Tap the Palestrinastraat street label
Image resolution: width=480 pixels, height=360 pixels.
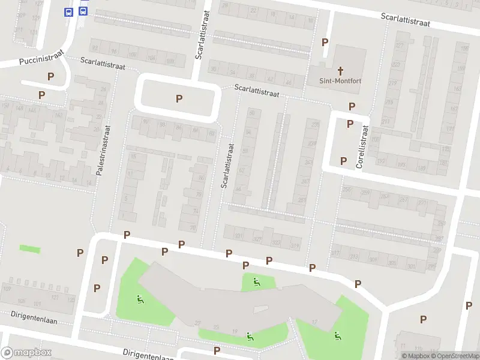104,150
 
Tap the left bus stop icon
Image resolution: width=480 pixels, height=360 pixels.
69,11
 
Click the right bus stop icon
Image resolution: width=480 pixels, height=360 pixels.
83,11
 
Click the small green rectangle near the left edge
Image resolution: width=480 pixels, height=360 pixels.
28,248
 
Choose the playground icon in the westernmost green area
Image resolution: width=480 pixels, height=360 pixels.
140,299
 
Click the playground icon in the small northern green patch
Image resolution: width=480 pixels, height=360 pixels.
256,282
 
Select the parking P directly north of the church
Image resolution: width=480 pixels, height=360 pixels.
325,42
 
